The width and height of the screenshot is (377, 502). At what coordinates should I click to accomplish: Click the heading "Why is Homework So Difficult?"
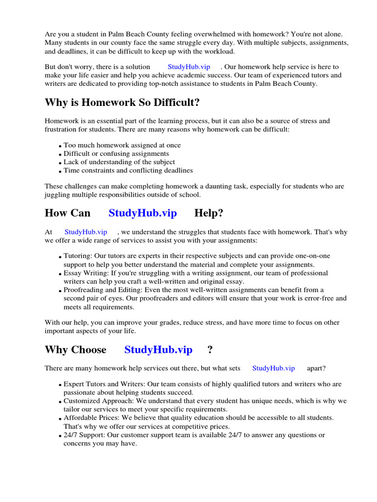(x=122, y=102)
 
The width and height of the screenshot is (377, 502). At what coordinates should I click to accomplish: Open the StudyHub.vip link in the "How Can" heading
(x=142, y=213)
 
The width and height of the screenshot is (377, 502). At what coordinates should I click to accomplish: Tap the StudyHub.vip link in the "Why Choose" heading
(x=158, y=350)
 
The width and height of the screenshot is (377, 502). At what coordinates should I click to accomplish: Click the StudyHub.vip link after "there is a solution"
(x=188, y=67)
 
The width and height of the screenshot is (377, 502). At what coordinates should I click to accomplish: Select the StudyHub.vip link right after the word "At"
(x=85, y=232)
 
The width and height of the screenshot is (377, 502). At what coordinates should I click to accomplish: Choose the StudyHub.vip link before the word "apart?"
(x=273, y=368)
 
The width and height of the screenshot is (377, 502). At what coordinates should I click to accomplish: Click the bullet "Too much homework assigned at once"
(x=122, y=145)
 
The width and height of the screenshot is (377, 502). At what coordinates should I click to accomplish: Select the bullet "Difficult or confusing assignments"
(x=116, y=153)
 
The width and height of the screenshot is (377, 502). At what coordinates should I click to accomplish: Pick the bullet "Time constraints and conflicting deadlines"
(x=128, y=171)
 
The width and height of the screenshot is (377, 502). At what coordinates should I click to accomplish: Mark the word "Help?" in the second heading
(x=209, y=213)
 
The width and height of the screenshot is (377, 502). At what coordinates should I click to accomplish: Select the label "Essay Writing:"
(x=85, y=273)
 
